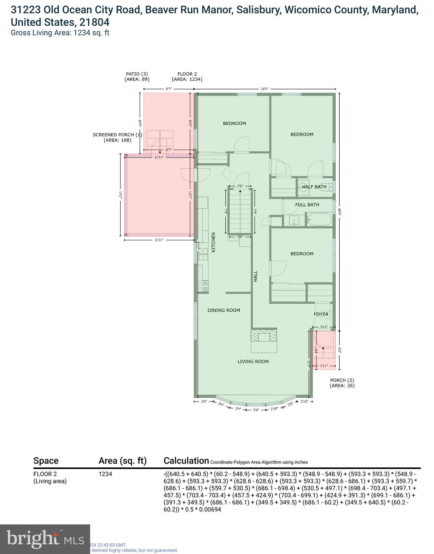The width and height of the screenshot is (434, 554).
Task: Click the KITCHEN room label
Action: pyautogui.click(x=213, y=242)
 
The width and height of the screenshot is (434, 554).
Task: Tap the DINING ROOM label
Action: pyautogui.click(x=223, y=310)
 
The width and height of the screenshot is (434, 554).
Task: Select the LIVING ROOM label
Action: pyautogui.click(x=253, y=361)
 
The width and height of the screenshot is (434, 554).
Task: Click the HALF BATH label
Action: pyautogui.click(x=314, y=187)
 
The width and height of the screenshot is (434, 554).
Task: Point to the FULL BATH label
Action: pyautogui.click(x=307, y=205)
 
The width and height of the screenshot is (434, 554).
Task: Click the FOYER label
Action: pyautogui.click(x=321, y=314)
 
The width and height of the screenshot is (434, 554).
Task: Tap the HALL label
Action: pyautogui.click(x=256, y=276)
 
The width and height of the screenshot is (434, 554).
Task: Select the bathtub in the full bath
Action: pyautogui.click(x=319, y=219)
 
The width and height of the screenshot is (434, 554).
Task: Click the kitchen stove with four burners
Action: pyautogui.click(x=203, y=286)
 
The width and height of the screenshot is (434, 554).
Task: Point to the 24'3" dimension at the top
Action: pyautogui.click(x=264, y=89)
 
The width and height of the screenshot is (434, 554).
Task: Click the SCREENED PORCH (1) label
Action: pyautogui.click(x=118, y=135)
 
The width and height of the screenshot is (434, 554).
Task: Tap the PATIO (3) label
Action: pyautogui.click(x=137, y=74)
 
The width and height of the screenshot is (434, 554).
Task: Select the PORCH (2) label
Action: pyautogui.click(x=342, y=380)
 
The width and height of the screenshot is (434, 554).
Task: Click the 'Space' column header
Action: pyautogui.click(x=46, y=461)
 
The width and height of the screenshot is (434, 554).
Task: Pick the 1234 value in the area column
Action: pyautogui.click(x=105, y=474)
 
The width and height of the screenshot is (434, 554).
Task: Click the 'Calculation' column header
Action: pyautogui.click(x=186, y=461)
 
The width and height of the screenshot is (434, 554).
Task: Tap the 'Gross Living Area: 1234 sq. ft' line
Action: pyautogui.click(x=60, y=33)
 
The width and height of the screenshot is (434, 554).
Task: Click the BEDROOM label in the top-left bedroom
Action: pyautogui.click(x=234, y=123)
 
